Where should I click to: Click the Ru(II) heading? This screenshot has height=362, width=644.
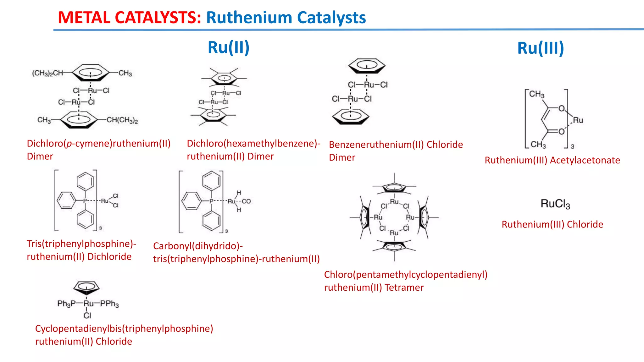228,47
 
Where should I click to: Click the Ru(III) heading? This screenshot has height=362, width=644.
541,48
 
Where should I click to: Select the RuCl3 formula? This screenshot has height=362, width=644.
555,204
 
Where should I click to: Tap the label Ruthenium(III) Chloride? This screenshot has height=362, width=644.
552,224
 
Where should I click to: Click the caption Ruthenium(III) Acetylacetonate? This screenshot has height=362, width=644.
552,160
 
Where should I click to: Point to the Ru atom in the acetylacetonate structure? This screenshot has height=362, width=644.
578,120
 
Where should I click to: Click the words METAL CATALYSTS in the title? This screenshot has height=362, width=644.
129,18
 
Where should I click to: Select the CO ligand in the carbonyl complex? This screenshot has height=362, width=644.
246,201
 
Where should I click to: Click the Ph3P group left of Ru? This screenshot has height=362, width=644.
66,304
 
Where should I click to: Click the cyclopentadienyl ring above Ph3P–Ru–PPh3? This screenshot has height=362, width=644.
86,287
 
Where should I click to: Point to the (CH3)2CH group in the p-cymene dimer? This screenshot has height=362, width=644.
47,73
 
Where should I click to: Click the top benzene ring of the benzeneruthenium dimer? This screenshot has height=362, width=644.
367,66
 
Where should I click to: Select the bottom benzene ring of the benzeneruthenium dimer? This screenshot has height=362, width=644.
351,116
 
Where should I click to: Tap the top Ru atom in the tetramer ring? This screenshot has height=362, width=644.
394,202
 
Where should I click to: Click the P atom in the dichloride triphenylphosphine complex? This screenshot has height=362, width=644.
85,201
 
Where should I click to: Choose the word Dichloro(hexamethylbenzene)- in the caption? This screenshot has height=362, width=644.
253,144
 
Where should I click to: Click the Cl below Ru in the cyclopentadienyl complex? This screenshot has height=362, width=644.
87,315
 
